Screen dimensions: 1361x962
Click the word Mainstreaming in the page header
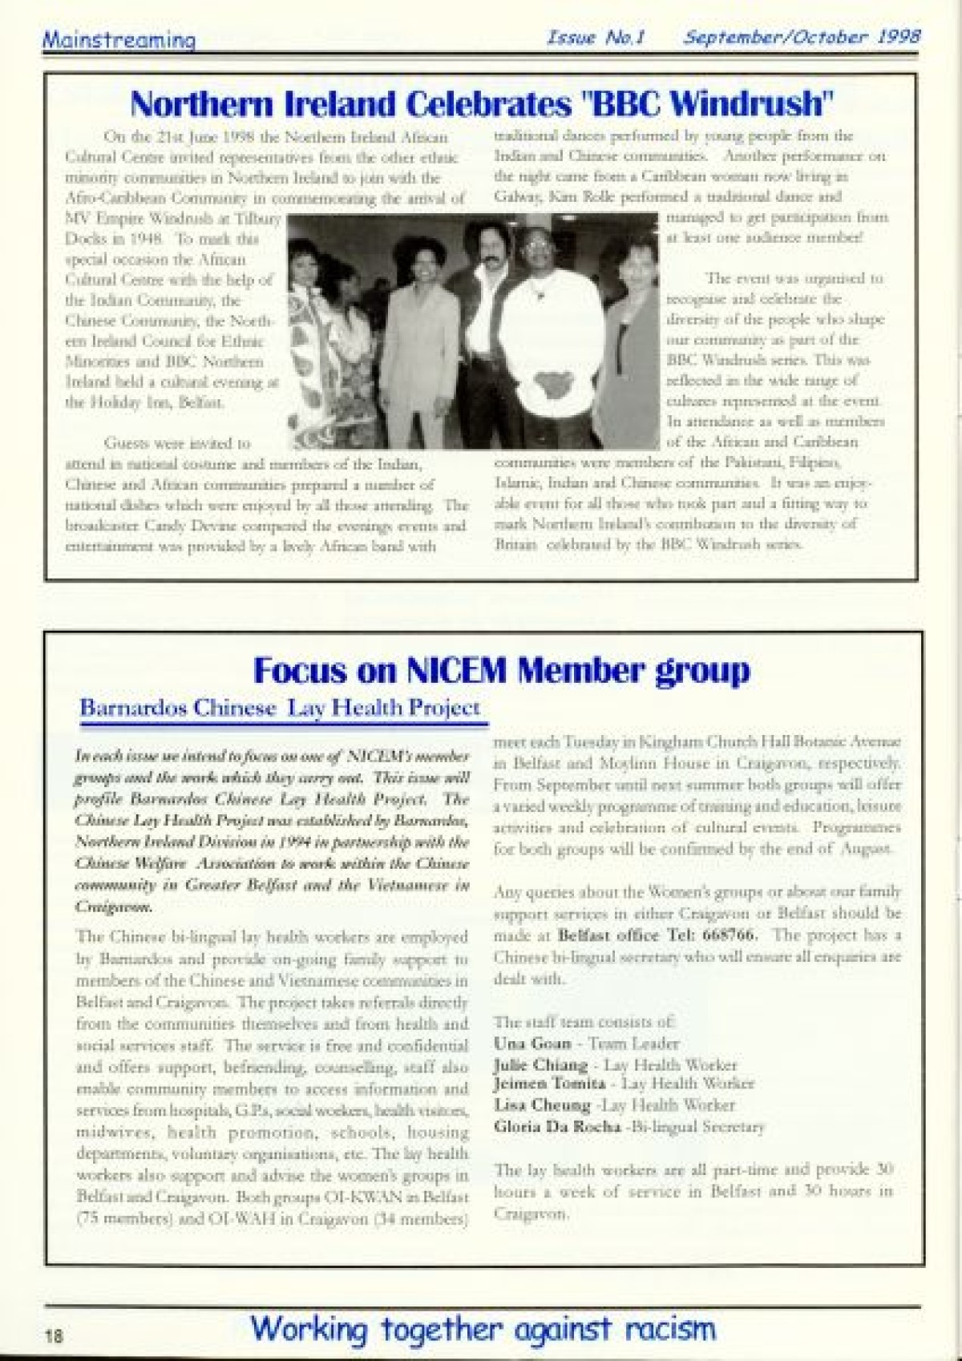coord(118,39)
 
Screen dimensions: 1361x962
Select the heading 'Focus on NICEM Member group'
coord(502,669)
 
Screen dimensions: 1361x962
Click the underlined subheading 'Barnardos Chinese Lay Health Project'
coord(280,708)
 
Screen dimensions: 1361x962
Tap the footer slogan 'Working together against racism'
coord(483,1328)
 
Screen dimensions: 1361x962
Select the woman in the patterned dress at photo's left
coord(321,345)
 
